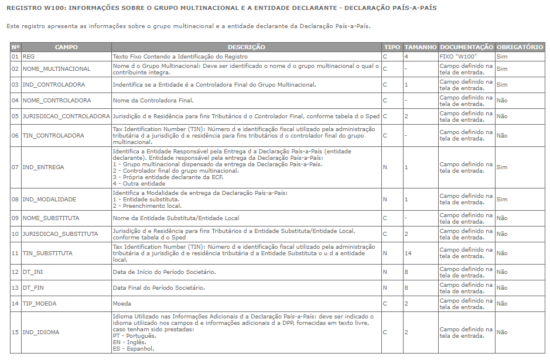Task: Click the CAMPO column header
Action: click(x=66, y=47)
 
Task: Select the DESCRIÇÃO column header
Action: click(x=246, y=47)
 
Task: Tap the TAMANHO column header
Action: click(x=420, y=47)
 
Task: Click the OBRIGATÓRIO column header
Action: click(x=520, y=47)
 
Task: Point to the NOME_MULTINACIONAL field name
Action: click(x=56, y=69)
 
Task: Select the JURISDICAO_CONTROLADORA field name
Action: click(x=66, y=116)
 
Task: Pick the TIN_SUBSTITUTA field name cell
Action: click(x=47, y=253)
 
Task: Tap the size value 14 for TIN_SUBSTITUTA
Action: click(x=408, y=253)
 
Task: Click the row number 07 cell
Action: click(x=15, y=167)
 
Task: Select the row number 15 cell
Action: click(x=15, y=332)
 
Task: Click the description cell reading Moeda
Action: click(x=122, y=304)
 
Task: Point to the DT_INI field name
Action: click(x=34, y=272)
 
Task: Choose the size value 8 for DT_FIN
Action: click(x=406, y=288)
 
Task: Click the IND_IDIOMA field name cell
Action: click(x=40, y=332)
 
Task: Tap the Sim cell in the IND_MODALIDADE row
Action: click(x=501, y=200)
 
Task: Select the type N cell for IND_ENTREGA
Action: click(x=385, y=167)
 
